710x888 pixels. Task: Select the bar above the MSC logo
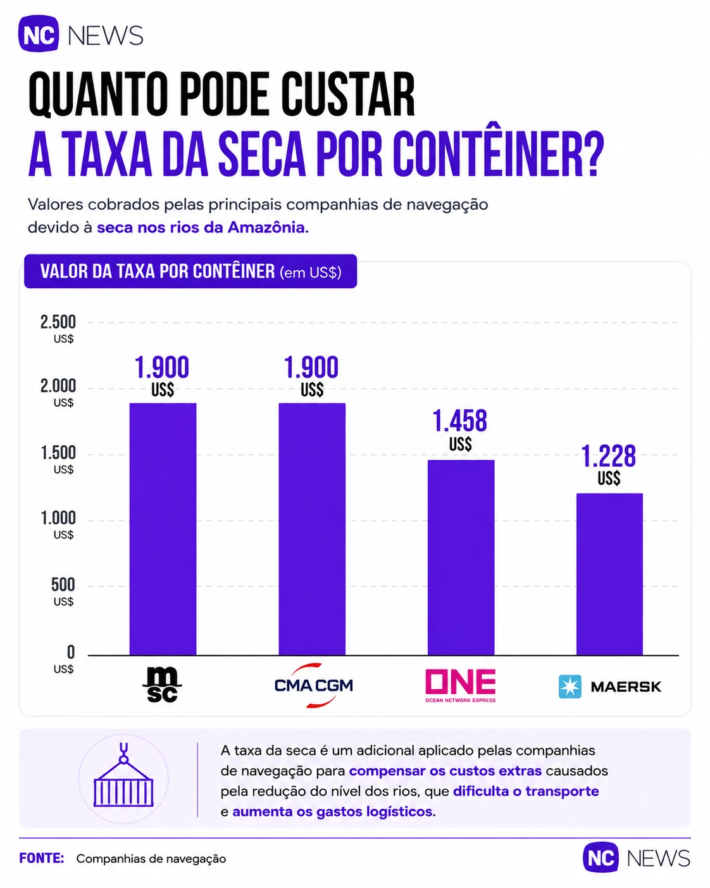(x=163, y=529)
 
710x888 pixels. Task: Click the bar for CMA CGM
(x=312, y=529)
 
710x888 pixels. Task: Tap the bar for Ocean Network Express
(x=461, y=557)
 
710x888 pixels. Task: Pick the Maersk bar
(x=609, y=574)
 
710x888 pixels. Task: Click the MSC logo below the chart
(x=163, y=685)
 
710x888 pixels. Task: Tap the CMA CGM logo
(x=314, y=685)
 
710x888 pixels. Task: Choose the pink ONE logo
(x=461, y=685)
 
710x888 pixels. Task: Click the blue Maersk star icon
(x=570, y=687)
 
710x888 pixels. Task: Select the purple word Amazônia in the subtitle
(x=268, y=227)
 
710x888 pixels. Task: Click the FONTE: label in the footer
(x=42, y=859)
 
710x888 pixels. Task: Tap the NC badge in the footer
(x=601, y=858)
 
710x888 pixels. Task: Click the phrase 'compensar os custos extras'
(x=445, y=771)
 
